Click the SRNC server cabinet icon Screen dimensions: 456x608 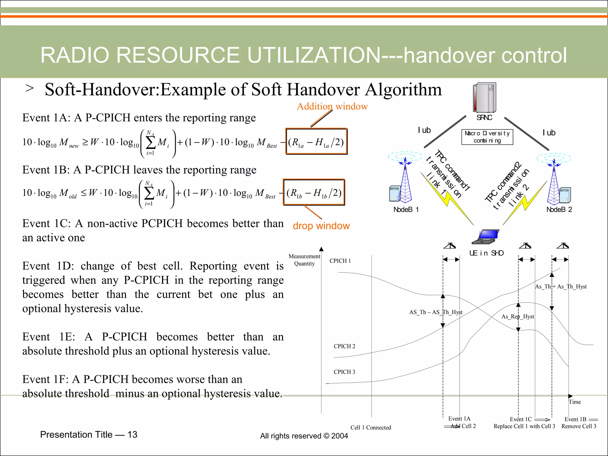tap(484, 98)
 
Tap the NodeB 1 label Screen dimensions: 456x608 tap(406, 210)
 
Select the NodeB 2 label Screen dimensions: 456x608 tap(559, 210)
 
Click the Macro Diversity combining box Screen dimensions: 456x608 tap(487, 137)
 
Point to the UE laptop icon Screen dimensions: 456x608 tap(485, 237)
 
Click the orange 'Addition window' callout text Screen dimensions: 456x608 tap(332, 106)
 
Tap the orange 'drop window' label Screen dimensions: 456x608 tap(321, 226)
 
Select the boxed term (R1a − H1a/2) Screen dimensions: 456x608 tap(316, 142)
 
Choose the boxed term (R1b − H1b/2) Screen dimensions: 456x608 tap(314, 192)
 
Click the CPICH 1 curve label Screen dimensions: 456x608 tap(340, 261)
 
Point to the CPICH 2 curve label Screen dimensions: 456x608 tap(344, 346)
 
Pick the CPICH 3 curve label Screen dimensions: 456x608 tap(344, 372)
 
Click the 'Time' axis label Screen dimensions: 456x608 tap(575, 402)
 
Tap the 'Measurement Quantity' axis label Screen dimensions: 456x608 tap(304, 260)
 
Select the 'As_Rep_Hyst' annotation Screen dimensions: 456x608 tap(517, 317)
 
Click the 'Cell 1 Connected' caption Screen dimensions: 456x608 tap(370, 427)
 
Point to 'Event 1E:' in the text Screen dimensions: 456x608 tap(49, 337)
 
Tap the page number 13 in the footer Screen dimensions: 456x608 tap(132, 435)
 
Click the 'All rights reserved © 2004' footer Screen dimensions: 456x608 tap(304, 436)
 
